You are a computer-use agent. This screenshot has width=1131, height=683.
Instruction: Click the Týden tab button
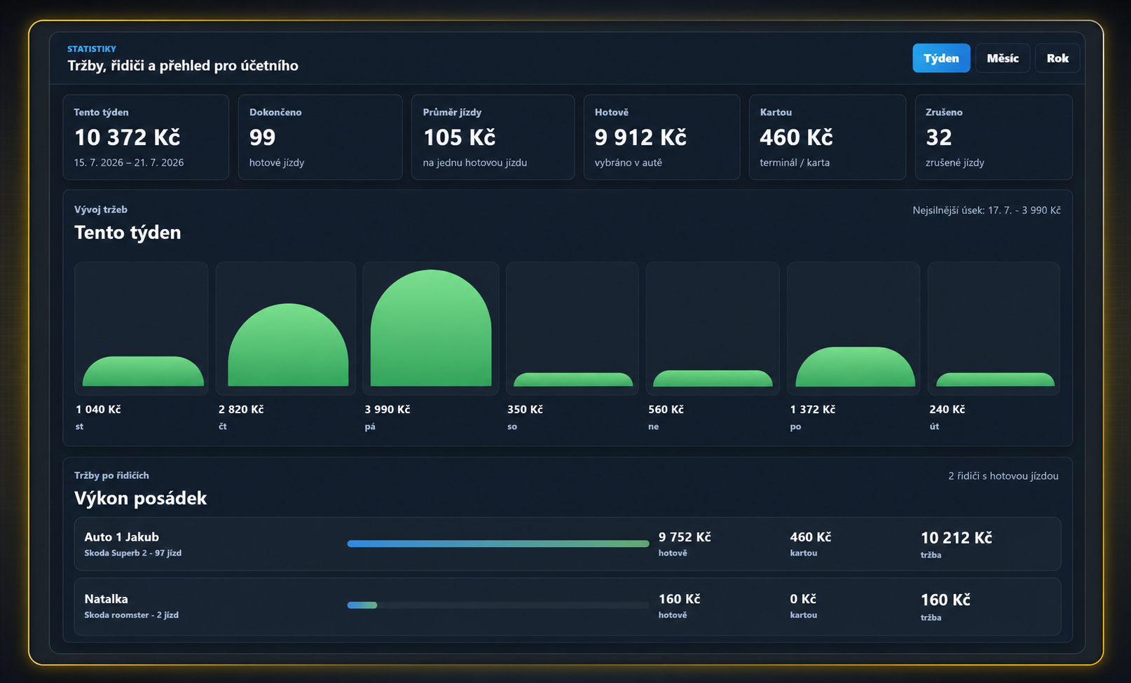click(941, 58)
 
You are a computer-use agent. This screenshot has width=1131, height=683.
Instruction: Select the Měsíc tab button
click(1002, 58)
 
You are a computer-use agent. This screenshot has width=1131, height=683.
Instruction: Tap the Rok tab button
click(1057, 58)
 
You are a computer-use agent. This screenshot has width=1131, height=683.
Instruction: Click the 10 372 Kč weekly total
click(128, 137)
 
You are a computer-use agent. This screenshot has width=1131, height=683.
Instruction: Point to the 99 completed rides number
click(263, 137)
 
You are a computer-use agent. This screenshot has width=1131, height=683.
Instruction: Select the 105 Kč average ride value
click(460, 137)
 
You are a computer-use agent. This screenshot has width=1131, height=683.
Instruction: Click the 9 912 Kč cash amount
click(640, 137)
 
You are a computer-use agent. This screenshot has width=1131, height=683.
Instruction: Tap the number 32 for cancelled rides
click(938, 137)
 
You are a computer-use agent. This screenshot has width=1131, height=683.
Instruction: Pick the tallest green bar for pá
click(431, 328)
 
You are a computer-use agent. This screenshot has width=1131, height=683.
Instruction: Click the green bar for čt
click(288, 345)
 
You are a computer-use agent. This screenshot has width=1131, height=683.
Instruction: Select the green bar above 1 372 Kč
click(855, 367)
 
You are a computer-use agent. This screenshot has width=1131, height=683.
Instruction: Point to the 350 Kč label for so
click(525, 409)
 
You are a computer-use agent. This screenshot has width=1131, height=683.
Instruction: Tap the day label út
click(934, 427)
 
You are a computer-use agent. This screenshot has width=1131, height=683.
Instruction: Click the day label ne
click(653, 427)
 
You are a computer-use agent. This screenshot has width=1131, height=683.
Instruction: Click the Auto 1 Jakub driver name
click(122, 537)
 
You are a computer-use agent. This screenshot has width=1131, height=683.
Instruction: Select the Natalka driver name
click(106, 599)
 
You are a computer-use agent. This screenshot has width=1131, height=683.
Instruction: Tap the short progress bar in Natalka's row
click(362, 605)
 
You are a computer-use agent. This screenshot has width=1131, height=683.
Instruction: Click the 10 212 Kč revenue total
click(957, 538)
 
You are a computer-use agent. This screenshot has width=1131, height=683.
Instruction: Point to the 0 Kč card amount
click(803, 599)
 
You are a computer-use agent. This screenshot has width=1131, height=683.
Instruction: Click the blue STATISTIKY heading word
click(92, 49)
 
